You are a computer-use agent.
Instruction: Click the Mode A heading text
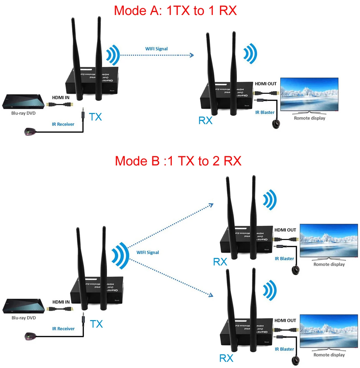(175, 11)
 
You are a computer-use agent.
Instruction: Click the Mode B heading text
(178, 161)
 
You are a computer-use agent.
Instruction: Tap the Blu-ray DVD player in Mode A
(23, 102)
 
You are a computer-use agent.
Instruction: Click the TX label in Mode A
(95, 117)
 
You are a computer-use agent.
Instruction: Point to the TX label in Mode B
(96, 324)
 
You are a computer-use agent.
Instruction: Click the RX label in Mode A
(205, 120)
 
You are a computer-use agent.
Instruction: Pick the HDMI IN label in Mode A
(61, 97)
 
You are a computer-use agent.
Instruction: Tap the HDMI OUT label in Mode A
(266, 84)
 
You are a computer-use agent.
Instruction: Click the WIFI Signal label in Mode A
(156, 49)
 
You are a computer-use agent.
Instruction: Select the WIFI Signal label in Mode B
(147, 252)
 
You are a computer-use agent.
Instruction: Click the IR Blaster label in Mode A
(265, 112)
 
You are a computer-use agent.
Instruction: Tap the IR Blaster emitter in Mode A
(276, 124)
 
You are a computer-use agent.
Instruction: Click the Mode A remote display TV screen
(309, 94)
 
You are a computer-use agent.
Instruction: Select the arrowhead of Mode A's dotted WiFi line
(192, 55)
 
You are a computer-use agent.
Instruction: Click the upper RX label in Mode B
(220, 262)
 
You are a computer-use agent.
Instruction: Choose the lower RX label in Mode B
(226, 358)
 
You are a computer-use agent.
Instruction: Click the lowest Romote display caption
(329, 355)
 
